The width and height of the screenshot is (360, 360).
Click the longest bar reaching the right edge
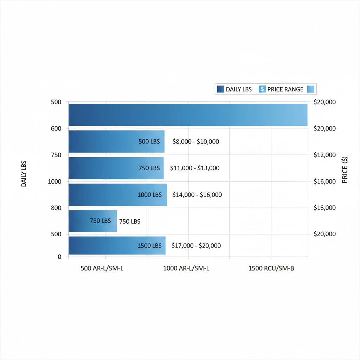coord(188,115)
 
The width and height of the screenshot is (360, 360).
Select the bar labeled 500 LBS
coord(116,142)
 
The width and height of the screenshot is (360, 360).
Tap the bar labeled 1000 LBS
coord(117,194)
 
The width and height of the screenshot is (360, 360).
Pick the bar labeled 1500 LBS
coord(117,245)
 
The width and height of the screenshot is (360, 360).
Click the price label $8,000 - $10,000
coord(196,142)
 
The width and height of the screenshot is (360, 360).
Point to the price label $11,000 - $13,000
coord(195,168)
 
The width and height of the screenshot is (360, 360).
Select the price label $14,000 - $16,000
coord(197,194)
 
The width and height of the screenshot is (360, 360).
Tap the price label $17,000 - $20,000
coord(196,246)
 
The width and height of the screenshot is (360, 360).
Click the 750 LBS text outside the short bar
coord(130,221)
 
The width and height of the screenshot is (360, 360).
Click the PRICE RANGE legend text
coord(285,89)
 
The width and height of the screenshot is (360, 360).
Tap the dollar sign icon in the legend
coord(262,89)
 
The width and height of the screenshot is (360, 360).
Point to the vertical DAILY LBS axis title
coord(24,174)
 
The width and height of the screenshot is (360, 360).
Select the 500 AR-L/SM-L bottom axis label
coord(102,269)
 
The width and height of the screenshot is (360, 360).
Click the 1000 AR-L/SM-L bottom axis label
coord(186,269)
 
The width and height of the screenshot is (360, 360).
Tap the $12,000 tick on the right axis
coord(324,155)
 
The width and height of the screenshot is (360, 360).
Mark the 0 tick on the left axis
coord(59,257)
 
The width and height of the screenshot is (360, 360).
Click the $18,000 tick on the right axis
coord(324,208)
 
